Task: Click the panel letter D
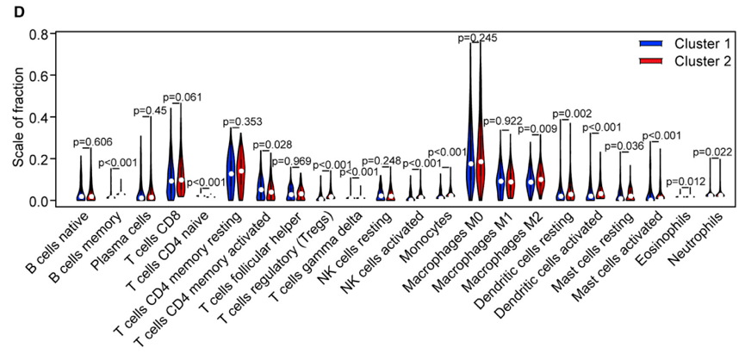pos(9,10)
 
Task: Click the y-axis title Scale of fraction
pos(16,118)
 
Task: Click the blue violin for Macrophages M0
pos(469,146)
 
